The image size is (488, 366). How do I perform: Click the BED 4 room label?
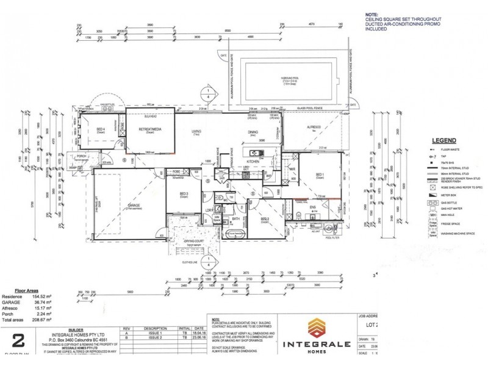pos(101,129)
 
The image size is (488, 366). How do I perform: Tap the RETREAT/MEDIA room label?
pos(149,130)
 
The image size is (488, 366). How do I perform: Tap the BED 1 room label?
pos(320,175)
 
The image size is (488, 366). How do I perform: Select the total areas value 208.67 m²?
pos(41,320)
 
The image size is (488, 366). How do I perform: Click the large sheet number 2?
pos(18,340)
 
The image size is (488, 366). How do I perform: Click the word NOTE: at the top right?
pos(371,13)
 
